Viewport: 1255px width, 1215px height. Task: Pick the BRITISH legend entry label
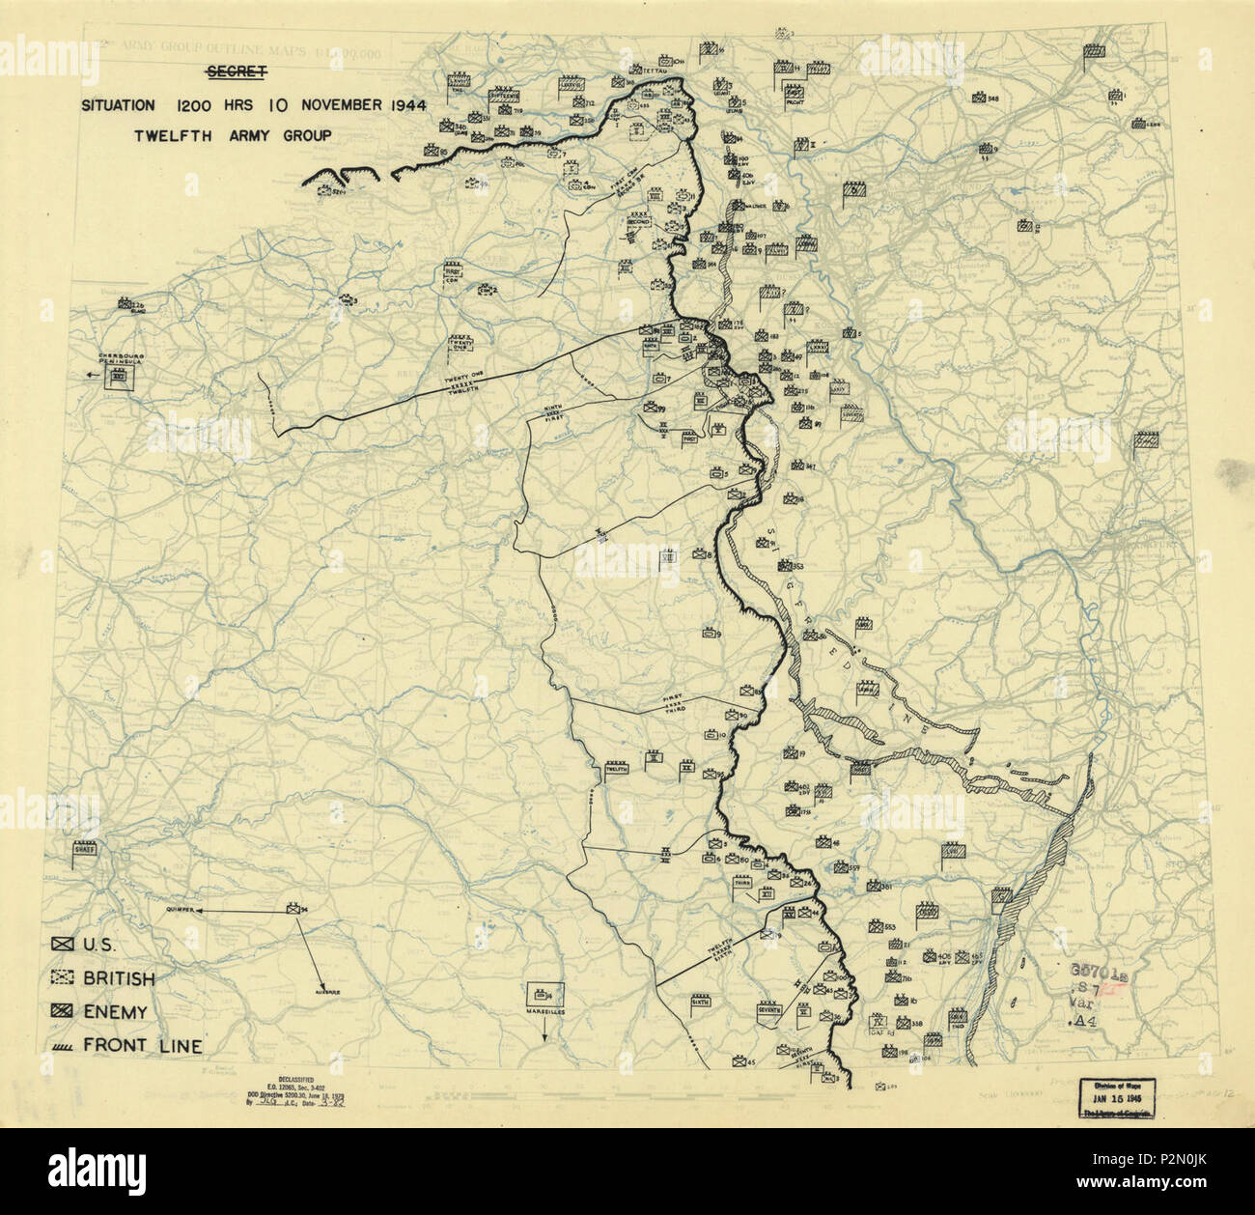(119, 978)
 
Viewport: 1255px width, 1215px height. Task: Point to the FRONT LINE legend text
(143, 1045)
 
